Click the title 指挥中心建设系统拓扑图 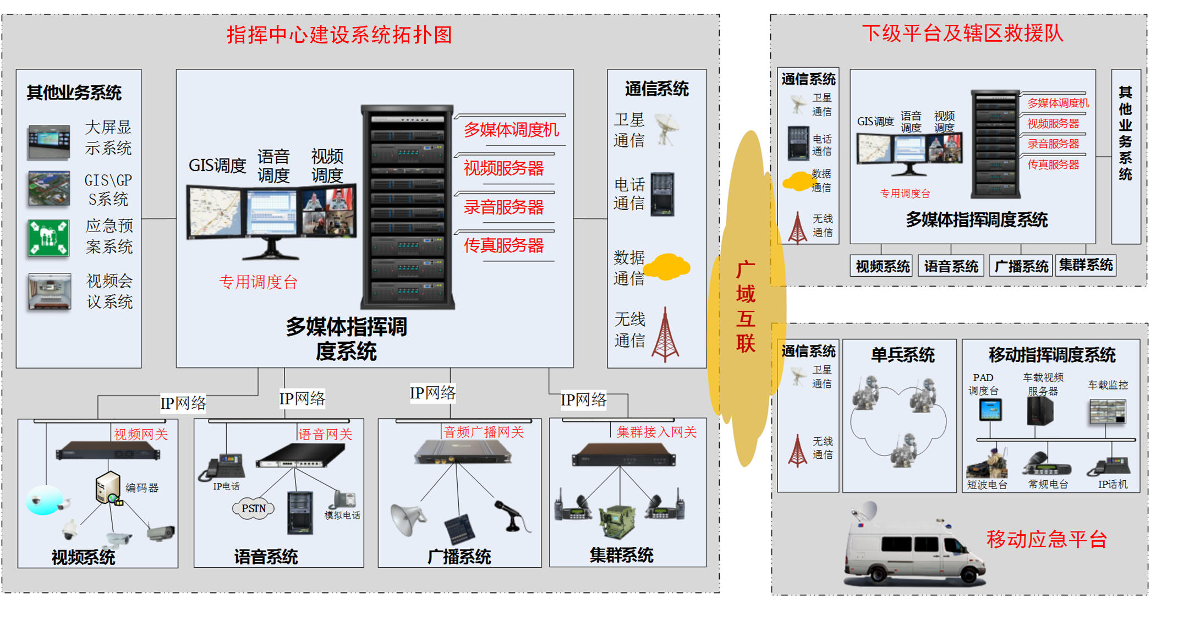[x=339, y=35]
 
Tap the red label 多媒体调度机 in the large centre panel [x=511, y=130]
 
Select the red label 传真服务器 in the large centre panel [x=503, y=245]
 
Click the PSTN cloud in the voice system [x=254, y=509]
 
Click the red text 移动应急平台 [x=1046, y=539]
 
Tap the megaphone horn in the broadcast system [x=407, y=518]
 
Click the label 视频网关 [x=141, y=435]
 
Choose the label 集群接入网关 [x=656, y=432]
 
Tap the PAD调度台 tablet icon [x=990, y=410]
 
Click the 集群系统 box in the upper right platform [x=1086, y=266]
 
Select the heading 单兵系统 [x=902, y=355]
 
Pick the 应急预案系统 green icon [x=48, y=238]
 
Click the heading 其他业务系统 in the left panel [x=74, y=92]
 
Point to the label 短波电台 [x=987, y=485]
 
